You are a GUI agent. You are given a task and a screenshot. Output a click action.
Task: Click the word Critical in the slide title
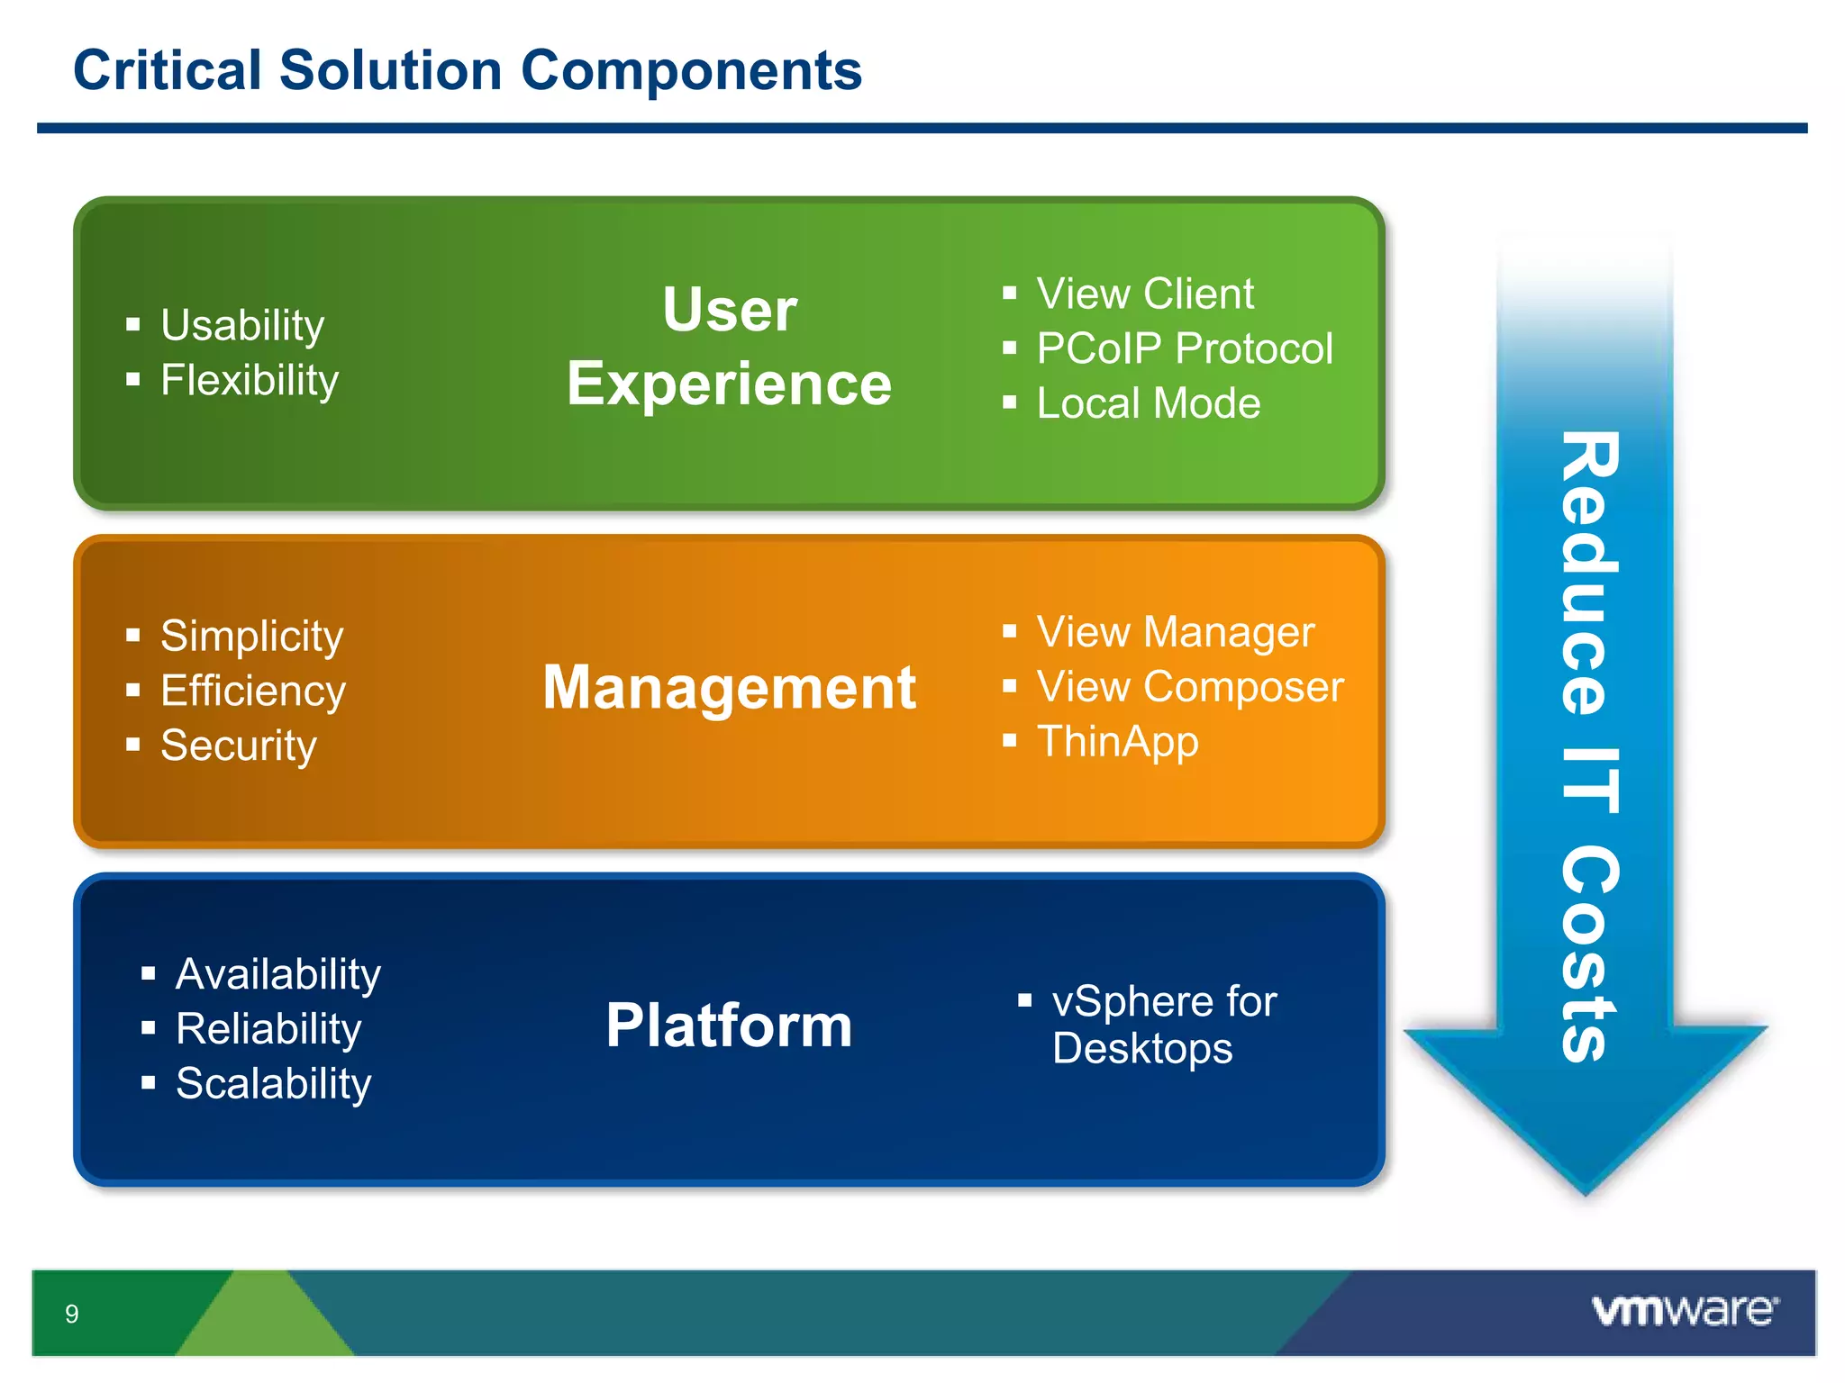click(x=168, y=70)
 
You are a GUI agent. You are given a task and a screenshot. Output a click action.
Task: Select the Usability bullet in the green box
click(x=241, y=325)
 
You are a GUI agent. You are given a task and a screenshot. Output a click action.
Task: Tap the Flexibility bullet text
click(x=250, y=380)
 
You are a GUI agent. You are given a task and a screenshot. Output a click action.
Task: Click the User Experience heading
click(x=729, y=347)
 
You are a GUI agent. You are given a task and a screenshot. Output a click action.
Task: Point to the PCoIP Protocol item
click(x=1184, y=348)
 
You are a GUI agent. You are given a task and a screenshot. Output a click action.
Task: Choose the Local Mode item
click(x=1148, y=403)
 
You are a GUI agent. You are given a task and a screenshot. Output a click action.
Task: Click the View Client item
click(x=1144, y=294)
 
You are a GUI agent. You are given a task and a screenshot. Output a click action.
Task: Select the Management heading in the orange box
click(x=729, y=688)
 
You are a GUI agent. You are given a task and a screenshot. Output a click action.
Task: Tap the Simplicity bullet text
click(x=251, y=636)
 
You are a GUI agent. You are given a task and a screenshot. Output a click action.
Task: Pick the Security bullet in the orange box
click(x=238, y=746)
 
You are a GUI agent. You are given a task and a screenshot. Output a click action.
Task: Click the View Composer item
click(x=1189, y=687)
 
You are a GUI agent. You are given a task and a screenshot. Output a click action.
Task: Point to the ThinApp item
click(x=1117, y=742)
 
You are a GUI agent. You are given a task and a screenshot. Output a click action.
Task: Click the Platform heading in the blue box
click(x=729, y=1026)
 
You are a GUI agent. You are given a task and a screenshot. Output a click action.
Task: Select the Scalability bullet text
click(x=273, y=1083)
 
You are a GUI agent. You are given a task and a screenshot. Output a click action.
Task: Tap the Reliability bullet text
click(x=268, y=1028)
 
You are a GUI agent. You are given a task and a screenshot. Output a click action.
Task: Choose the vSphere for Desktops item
click(x=1162, y=1026)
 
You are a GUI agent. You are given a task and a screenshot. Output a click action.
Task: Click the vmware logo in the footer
click(x=1685, y=1311)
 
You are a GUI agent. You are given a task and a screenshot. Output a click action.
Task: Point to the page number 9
click(x=72, y=1314)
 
